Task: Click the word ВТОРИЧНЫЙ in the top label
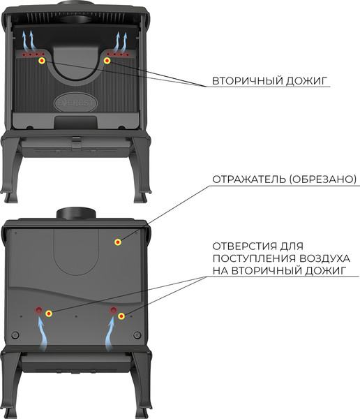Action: [247, 81]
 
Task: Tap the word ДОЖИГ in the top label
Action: [306, 81]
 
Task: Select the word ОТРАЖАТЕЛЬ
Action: [249, 179]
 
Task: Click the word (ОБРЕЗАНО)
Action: [323, 179]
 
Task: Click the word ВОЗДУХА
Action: [324, 258]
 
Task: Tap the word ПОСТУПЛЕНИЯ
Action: [254, 258]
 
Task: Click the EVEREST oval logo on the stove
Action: [75, 103]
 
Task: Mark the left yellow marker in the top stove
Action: [42, 61]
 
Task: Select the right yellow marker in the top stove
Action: [107, 61]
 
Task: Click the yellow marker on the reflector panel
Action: [118, 242]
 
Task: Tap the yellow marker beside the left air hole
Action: [49, 314]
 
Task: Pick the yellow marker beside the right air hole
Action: [121, 316]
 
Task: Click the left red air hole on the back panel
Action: [39, 310]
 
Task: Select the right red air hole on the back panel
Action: [113, 310]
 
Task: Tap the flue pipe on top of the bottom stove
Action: [76, 213]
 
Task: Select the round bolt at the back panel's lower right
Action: [137, 335]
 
